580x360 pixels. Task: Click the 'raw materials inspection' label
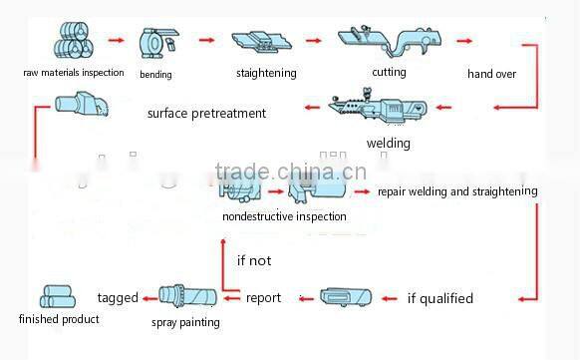click(x=75, y=72)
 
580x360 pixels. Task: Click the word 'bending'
click(x=156, y=74)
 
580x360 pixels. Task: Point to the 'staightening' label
click(x=267, y=73)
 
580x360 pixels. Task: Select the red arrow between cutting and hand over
click(x=463, y=41)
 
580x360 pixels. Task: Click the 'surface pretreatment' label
click(x=206, y=113)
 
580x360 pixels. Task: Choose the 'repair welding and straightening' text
click(x=457, y=190)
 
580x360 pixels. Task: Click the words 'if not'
click(x=254, y=261)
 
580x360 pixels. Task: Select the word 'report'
click(x=264, y=297)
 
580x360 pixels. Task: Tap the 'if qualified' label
click(x=440, y=298)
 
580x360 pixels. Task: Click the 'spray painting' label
click(x=185, y=322)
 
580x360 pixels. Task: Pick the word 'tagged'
click(x=118, y=297)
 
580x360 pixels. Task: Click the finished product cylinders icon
click(x=58, y=296)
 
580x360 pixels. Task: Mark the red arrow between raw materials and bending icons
click(x=117, y=41)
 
